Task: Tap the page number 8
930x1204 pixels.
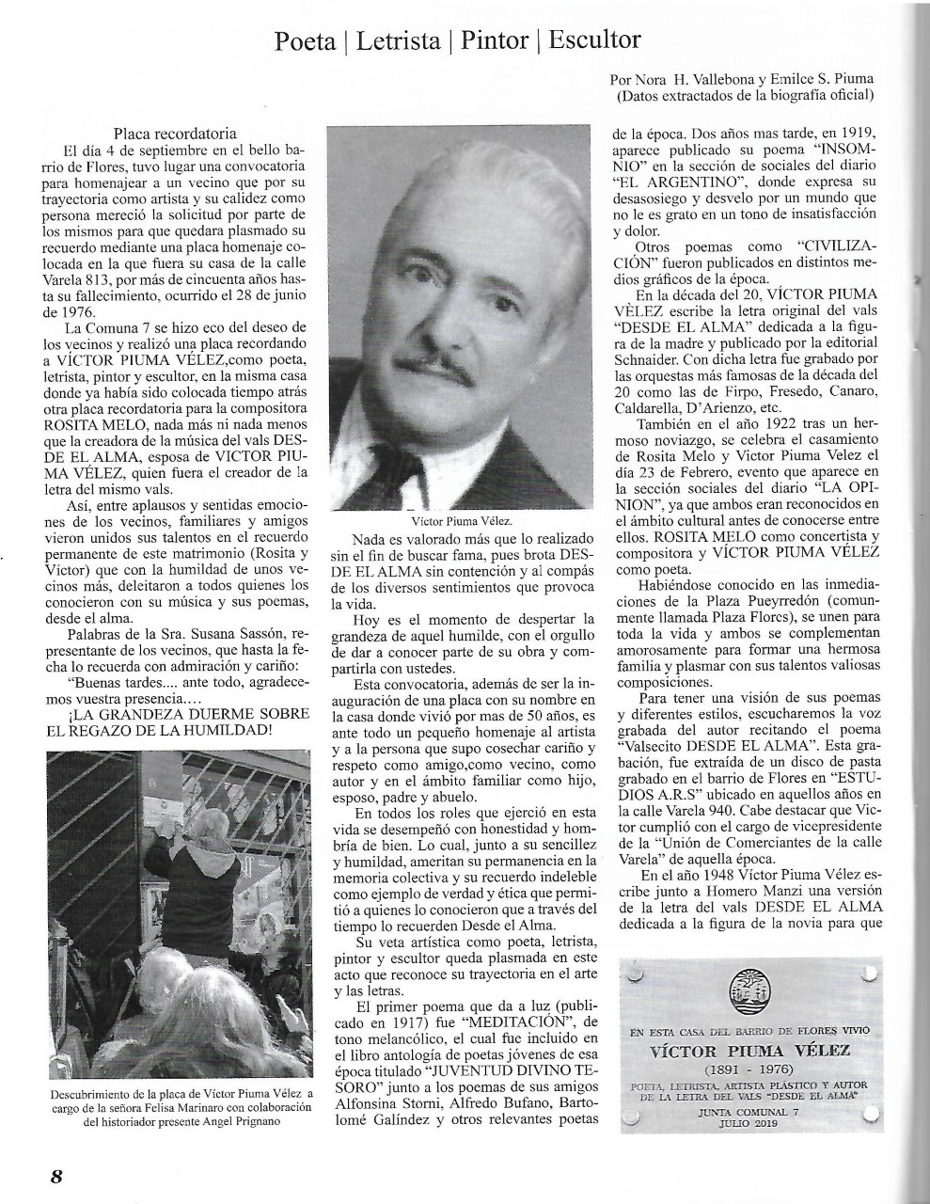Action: [x=56, y=1176]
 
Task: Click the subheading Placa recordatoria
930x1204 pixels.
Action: [x=174, y=134]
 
